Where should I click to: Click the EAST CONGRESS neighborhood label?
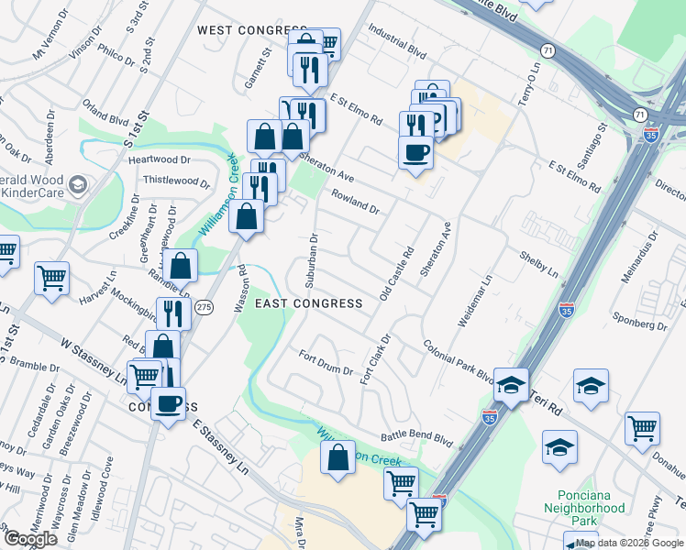click(x=308, y=302)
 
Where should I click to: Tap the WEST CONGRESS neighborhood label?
click(x=253, y=30)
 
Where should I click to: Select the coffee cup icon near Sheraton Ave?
click(x=415, y=152)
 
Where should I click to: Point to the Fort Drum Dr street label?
click(x=326, y=363)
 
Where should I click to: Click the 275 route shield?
click(x=204, y=308)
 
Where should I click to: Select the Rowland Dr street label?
click(x=355, y=203)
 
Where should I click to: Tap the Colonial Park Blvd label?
click(x=459, y=360)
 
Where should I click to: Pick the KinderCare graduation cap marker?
click(x=78, y=184)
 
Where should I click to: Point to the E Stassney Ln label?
click(x=221, y=444)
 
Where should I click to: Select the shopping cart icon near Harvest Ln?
click(x=51, y=277)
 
